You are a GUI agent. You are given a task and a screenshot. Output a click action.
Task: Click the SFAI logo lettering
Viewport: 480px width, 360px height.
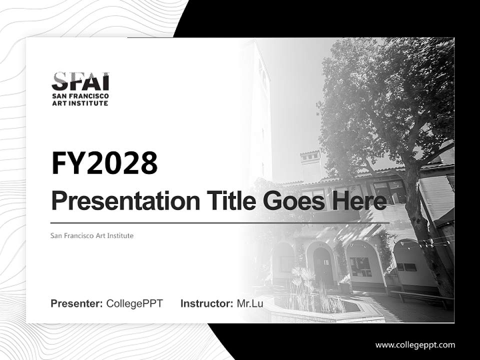[80, 81]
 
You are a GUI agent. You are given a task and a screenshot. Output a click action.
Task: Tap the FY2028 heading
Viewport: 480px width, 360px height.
[104, 163]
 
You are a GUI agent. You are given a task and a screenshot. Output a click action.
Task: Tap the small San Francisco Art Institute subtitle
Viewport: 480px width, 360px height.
[92, 235]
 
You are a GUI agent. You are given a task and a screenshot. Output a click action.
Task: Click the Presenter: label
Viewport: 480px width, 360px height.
[77, 303]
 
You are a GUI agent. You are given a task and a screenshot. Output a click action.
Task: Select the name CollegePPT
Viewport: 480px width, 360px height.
[134, 303]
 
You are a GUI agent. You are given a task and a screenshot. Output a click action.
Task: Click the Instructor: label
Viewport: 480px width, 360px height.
[207, 303]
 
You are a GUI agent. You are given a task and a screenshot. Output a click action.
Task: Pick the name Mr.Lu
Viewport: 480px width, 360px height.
[250, 303]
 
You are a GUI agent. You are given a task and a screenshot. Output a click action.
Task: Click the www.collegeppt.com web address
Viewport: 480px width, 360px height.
[415, 345]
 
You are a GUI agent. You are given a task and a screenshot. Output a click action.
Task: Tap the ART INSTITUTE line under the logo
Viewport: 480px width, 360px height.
[80, 103]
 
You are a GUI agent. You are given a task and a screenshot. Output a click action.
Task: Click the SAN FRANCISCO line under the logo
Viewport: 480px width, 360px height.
[80, 96]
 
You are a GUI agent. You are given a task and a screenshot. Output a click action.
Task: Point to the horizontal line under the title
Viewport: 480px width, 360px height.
[220, 222]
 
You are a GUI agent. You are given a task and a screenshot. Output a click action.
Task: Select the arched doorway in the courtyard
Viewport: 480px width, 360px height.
[322, 265]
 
